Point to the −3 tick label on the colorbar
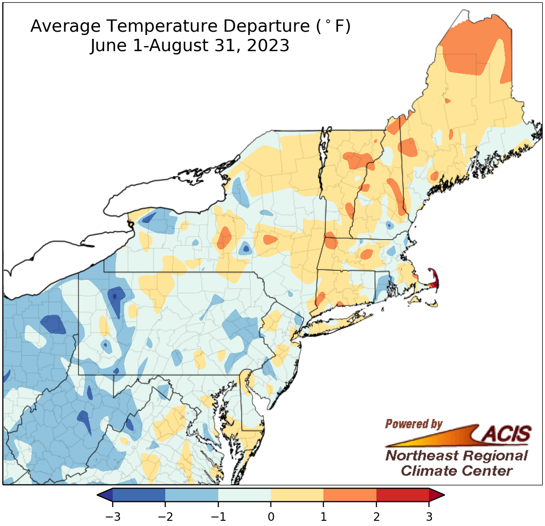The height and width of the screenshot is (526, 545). pos(112,516)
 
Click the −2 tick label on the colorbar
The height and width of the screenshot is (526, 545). pos(165,516)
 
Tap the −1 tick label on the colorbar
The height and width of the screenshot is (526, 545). pos(218,516)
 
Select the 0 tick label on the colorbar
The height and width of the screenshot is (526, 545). pos(271,516)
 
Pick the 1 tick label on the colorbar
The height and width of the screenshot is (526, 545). pos(323,516)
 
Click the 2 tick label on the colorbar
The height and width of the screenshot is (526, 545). pos(376,516)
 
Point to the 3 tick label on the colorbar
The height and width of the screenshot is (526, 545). pos(429,516)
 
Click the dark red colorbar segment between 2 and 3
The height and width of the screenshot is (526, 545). pos(402,495)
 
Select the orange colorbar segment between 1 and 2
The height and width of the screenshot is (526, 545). pos(350,495)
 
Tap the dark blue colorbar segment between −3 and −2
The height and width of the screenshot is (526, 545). pos(139,495)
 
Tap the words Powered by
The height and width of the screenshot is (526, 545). pos(413,424)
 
